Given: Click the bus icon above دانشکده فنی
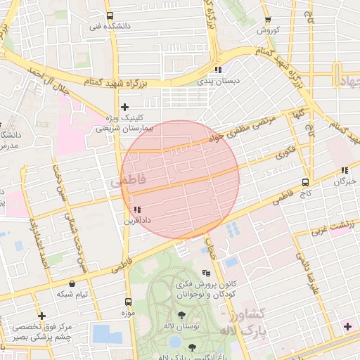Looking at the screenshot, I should (109, 15).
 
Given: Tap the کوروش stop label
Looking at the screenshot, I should (268, 30).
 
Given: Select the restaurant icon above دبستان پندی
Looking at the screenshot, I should (218, 70).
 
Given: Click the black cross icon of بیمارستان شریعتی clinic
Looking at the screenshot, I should (125, 108).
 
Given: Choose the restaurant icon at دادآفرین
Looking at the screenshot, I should (137, 210).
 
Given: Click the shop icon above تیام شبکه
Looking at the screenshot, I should (72, 283).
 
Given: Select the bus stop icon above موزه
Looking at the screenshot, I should (127, 297).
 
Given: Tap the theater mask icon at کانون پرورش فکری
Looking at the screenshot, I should (205, 273).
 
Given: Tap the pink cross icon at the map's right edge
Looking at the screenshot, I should (347, 326).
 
